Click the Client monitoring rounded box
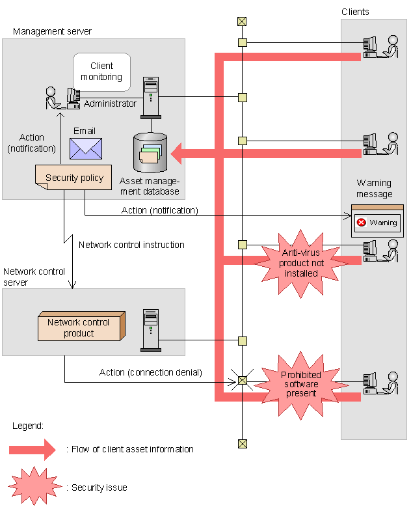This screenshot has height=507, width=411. click(101, 72)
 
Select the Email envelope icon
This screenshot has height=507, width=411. click(86, 148)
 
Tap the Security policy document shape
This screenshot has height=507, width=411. click(74, 178)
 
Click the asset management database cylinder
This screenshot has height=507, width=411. click(150, 154)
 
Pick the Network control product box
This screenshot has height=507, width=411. click(79, 328)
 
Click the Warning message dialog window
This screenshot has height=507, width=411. click(377, 221)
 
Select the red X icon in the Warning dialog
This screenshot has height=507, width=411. click(361, 223)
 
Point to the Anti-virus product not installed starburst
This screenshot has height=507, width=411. click(298, 263)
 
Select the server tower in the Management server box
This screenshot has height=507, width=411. click(151, 98)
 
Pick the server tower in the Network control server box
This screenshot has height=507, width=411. click(150, 331)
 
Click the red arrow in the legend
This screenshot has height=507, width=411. click(33, 449)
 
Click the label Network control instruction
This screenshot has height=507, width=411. click(131, 245)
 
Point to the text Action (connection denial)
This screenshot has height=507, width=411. click(150, 372)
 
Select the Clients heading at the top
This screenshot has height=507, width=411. click(355, 12)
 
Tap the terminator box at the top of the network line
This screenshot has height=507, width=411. click(242, 21)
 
